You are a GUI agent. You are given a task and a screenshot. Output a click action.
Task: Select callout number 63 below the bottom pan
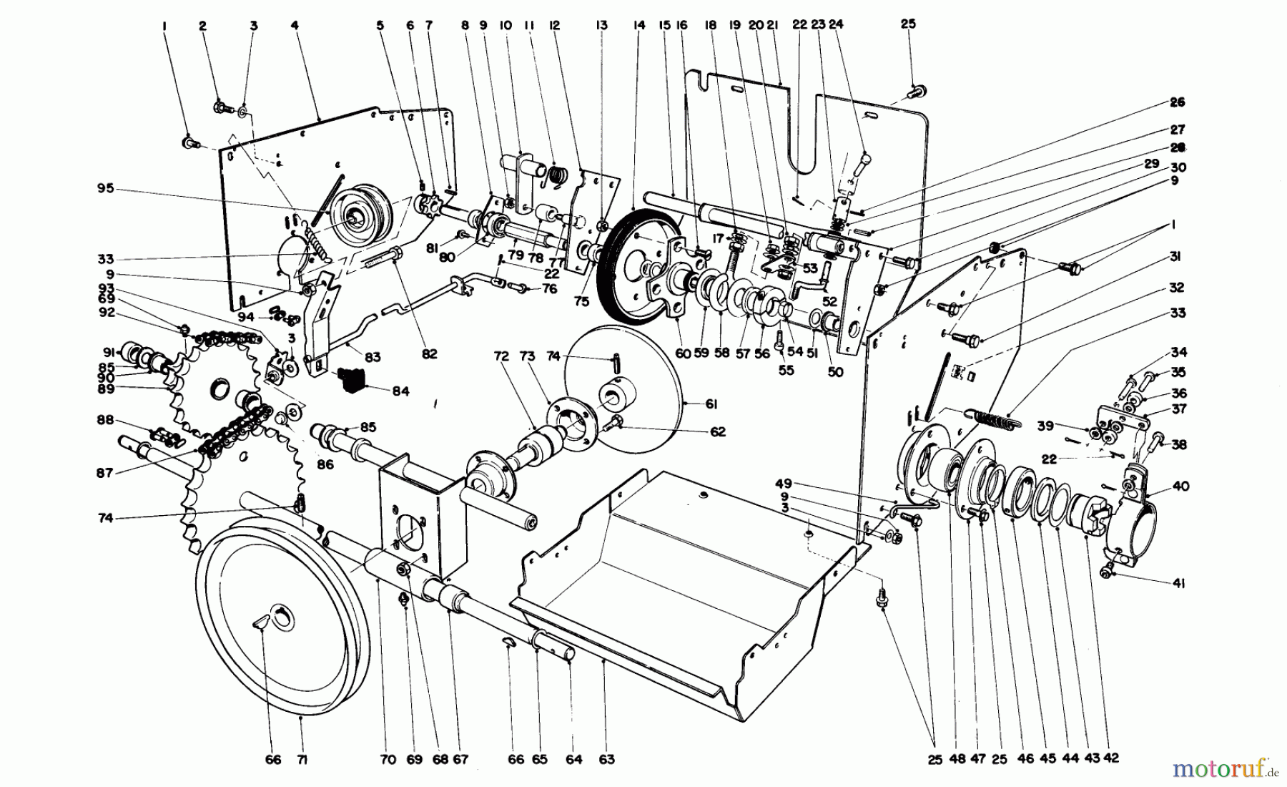pos(606,760)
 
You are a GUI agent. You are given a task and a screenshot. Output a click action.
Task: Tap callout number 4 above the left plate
pos(295,25)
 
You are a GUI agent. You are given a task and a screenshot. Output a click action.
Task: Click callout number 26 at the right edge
pos(1178,102)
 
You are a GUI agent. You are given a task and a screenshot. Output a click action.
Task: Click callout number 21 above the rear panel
pos(771,25)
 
